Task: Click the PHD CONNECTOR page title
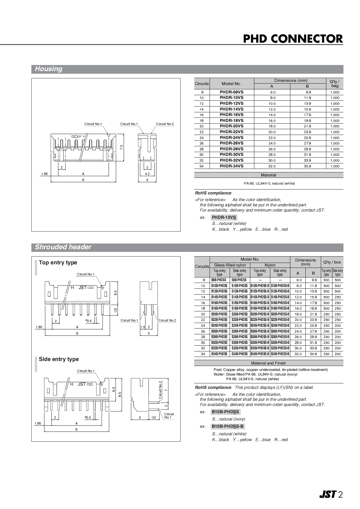[x=293, y=39]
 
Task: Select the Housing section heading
[x=48, y=69]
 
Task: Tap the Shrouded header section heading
[x=63, y=247]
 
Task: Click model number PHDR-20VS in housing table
[x=231, y=126]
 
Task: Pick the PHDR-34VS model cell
[x=231, y=166]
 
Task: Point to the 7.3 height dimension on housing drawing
[x=122, y=147]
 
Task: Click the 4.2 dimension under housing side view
[x=147, y=174]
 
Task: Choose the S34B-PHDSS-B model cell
[x=280, y=354]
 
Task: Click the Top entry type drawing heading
[x=58, y=263]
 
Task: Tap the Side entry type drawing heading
[x=59, y=359]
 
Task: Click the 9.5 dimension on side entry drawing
[x=120, y=394]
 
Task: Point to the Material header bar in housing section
[x=268, y=175]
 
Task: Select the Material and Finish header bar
[x=268, y=363]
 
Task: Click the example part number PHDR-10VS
[x=224, y=217]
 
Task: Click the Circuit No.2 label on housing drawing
[x=165, y=124]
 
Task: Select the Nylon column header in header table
[x=270, y=265]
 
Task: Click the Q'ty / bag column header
[x=334, y=84]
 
